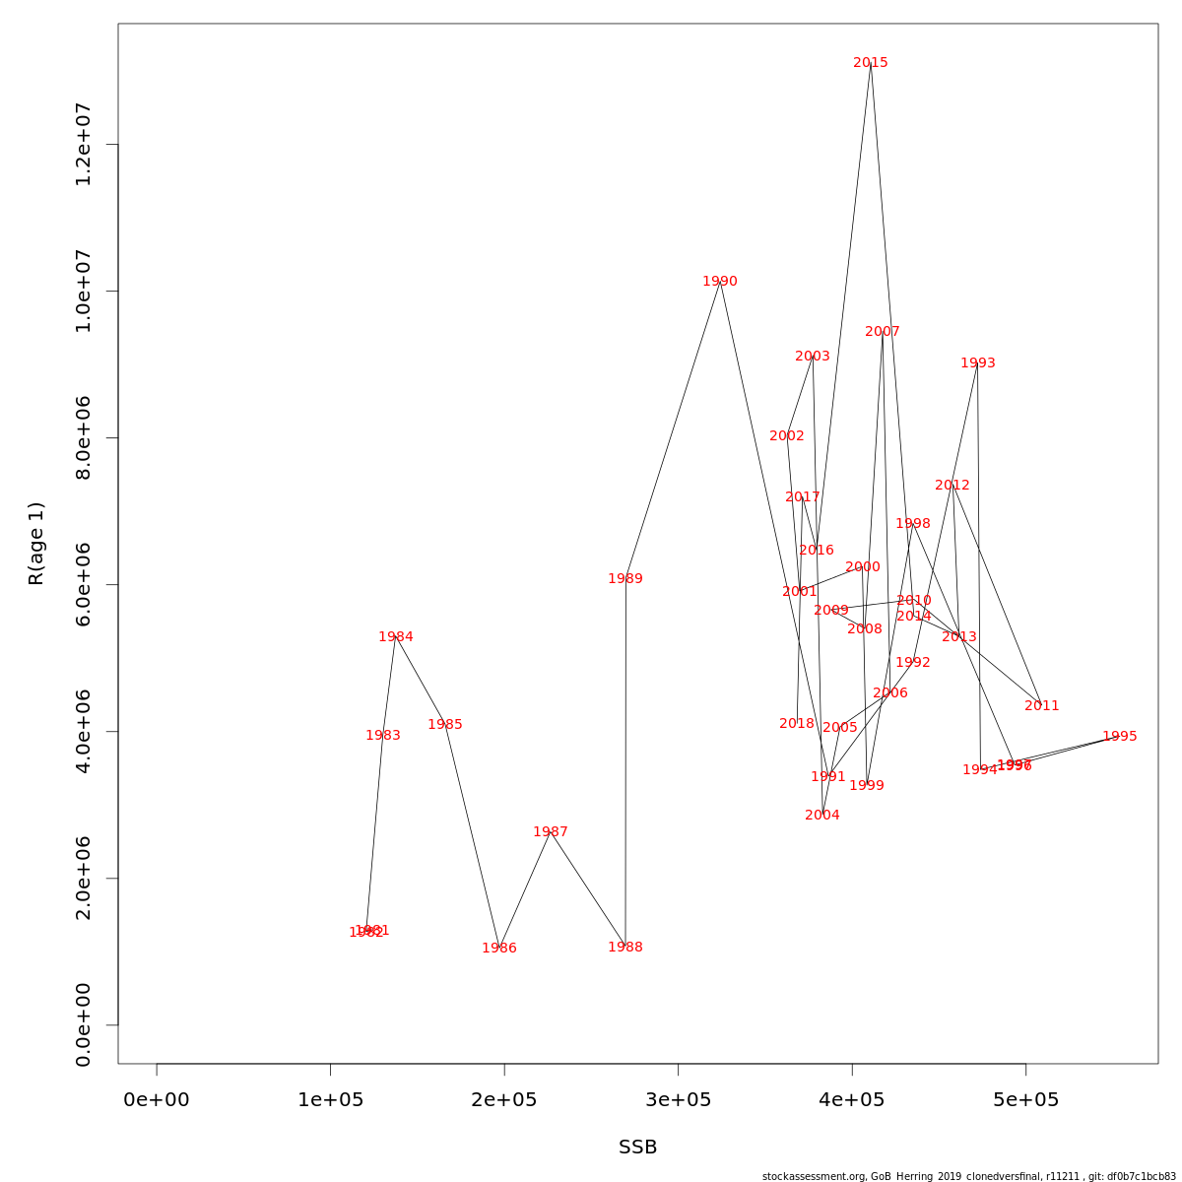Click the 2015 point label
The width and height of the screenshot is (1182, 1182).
click(871, 63)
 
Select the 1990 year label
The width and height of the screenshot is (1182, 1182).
click(720, 282)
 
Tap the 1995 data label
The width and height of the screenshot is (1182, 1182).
click(1120, 737)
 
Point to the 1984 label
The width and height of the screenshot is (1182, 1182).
click(396, 637)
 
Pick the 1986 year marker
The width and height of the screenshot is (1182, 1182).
click(499, 949)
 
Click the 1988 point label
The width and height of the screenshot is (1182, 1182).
click(625, 948)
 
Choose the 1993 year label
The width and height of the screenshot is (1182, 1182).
click(978, 363)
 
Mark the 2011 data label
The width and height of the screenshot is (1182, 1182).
click(1042, 706)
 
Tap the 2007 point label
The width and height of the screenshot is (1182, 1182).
click(883, 332)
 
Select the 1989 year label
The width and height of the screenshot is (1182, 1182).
click(625, 579)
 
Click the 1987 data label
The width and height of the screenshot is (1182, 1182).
click(551, 832)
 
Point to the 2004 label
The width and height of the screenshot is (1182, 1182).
click(822, 816)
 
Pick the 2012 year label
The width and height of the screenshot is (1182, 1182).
click(952, 486)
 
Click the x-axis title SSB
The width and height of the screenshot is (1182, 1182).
click(638, 1148)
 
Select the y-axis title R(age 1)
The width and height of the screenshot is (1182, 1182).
click(36, 544)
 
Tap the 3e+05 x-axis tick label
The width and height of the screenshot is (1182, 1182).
click(678, 1099)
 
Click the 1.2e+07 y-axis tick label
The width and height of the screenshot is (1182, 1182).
click(84, 145)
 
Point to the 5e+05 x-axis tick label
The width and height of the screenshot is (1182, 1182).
click(1025, 1099)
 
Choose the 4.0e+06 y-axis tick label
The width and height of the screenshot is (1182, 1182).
click(84, 732)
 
